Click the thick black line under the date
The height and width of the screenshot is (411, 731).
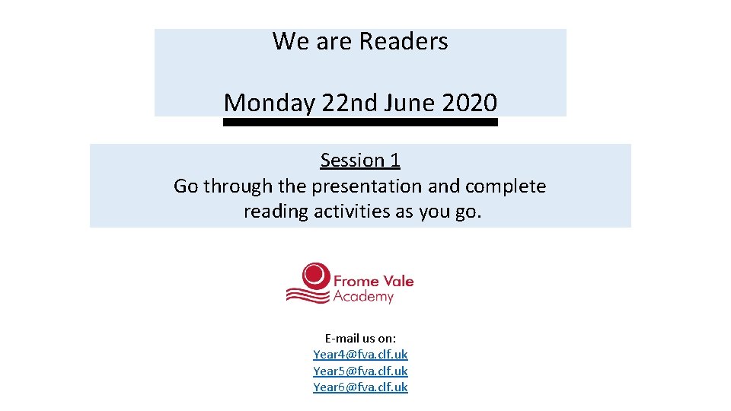point(360,122)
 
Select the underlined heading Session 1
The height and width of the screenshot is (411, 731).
point(360,161)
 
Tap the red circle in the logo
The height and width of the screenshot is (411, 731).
point(315,275)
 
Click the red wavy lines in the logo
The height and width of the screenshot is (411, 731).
point(307,294)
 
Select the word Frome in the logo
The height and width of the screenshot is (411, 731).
point(356,281)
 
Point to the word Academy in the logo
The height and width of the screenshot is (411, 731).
point(363,296)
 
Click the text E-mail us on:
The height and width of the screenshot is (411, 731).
point(360,338)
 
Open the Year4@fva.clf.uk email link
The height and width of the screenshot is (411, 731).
point(360,355)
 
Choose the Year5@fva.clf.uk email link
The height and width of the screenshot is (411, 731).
point(360,371)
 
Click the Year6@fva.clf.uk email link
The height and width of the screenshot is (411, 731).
point(360,387)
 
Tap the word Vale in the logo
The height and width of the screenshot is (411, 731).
point(398,281)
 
